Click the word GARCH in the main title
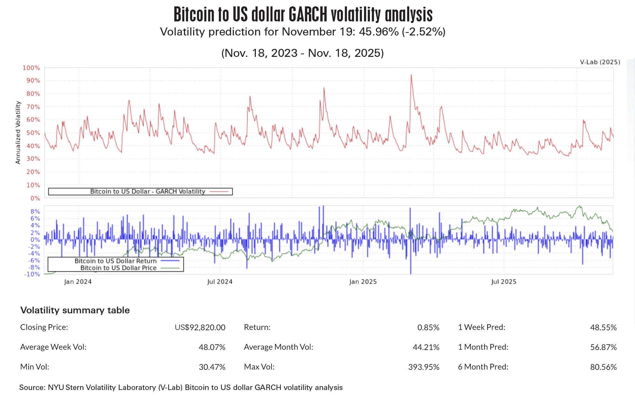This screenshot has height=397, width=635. pyautogui.click(x=308, y=14)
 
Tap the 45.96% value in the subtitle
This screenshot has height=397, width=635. pyautogui.click(x=379, y=32)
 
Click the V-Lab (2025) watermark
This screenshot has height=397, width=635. pyautogui.click(x=600, y=62)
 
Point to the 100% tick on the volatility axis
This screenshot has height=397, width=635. pyautogui.click(x=31, y=68)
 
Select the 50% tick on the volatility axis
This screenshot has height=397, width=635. pyautogui.click(x=33, y=133)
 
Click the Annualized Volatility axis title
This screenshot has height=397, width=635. pyautogui.click(x=18, y=133)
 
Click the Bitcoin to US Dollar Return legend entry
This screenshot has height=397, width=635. pyautogui.click(x=116, y=261)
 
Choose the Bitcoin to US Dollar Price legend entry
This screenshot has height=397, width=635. pyautogui.click(x=119, y=268)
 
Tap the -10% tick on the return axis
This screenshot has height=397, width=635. pyautogui.click(x=32, y=274)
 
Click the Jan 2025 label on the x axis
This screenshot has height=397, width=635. pyautogui.click(x=363, y=282)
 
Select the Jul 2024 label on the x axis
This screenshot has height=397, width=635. pyautogui.click(x=220, y=282)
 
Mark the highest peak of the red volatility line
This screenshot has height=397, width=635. pyautogui.click(x=411, y=75)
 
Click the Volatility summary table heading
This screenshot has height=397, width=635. pyautogui.click(x=75, y=310)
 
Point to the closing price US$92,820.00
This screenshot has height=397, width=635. pyautogui.click(x=200, y=327)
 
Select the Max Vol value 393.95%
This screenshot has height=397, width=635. pyautogui.click(x=424, y=367)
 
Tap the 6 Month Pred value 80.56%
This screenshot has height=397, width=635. pyautogui.click(x=603, y=367)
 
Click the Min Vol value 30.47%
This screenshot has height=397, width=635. pyautogui.click(x=212, y=367)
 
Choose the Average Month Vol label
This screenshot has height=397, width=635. pyautogui.click(x=279, y=347)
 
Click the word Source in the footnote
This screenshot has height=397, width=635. pyautogui.click(x=32, y=387)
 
